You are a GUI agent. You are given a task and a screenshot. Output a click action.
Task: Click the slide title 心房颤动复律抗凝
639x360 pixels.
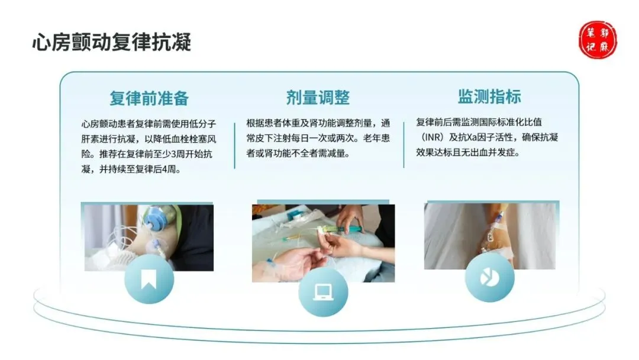tap(112, 42)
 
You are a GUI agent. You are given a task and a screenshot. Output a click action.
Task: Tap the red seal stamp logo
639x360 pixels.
tap(598, 40)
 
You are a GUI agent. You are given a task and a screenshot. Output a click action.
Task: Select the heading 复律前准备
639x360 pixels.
tap(149, 98)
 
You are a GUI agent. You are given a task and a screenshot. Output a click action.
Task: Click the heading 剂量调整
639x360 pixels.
tap(318, 98)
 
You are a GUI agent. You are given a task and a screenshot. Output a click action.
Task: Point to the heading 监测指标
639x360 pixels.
tap(489, 97)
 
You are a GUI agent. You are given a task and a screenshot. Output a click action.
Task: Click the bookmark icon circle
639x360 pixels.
tap(149, 279)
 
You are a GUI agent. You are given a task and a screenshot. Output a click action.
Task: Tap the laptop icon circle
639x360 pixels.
tap(323, 292)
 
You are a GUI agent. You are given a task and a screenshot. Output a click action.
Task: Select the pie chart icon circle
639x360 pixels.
tap(489, 278)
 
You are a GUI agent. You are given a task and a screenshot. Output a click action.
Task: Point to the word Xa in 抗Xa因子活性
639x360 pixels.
tap(472, 137)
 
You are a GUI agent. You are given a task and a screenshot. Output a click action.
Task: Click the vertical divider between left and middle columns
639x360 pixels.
tap(235, 146)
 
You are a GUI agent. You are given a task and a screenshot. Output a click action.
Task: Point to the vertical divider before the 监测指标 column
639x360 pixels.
tap(404, 144)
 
